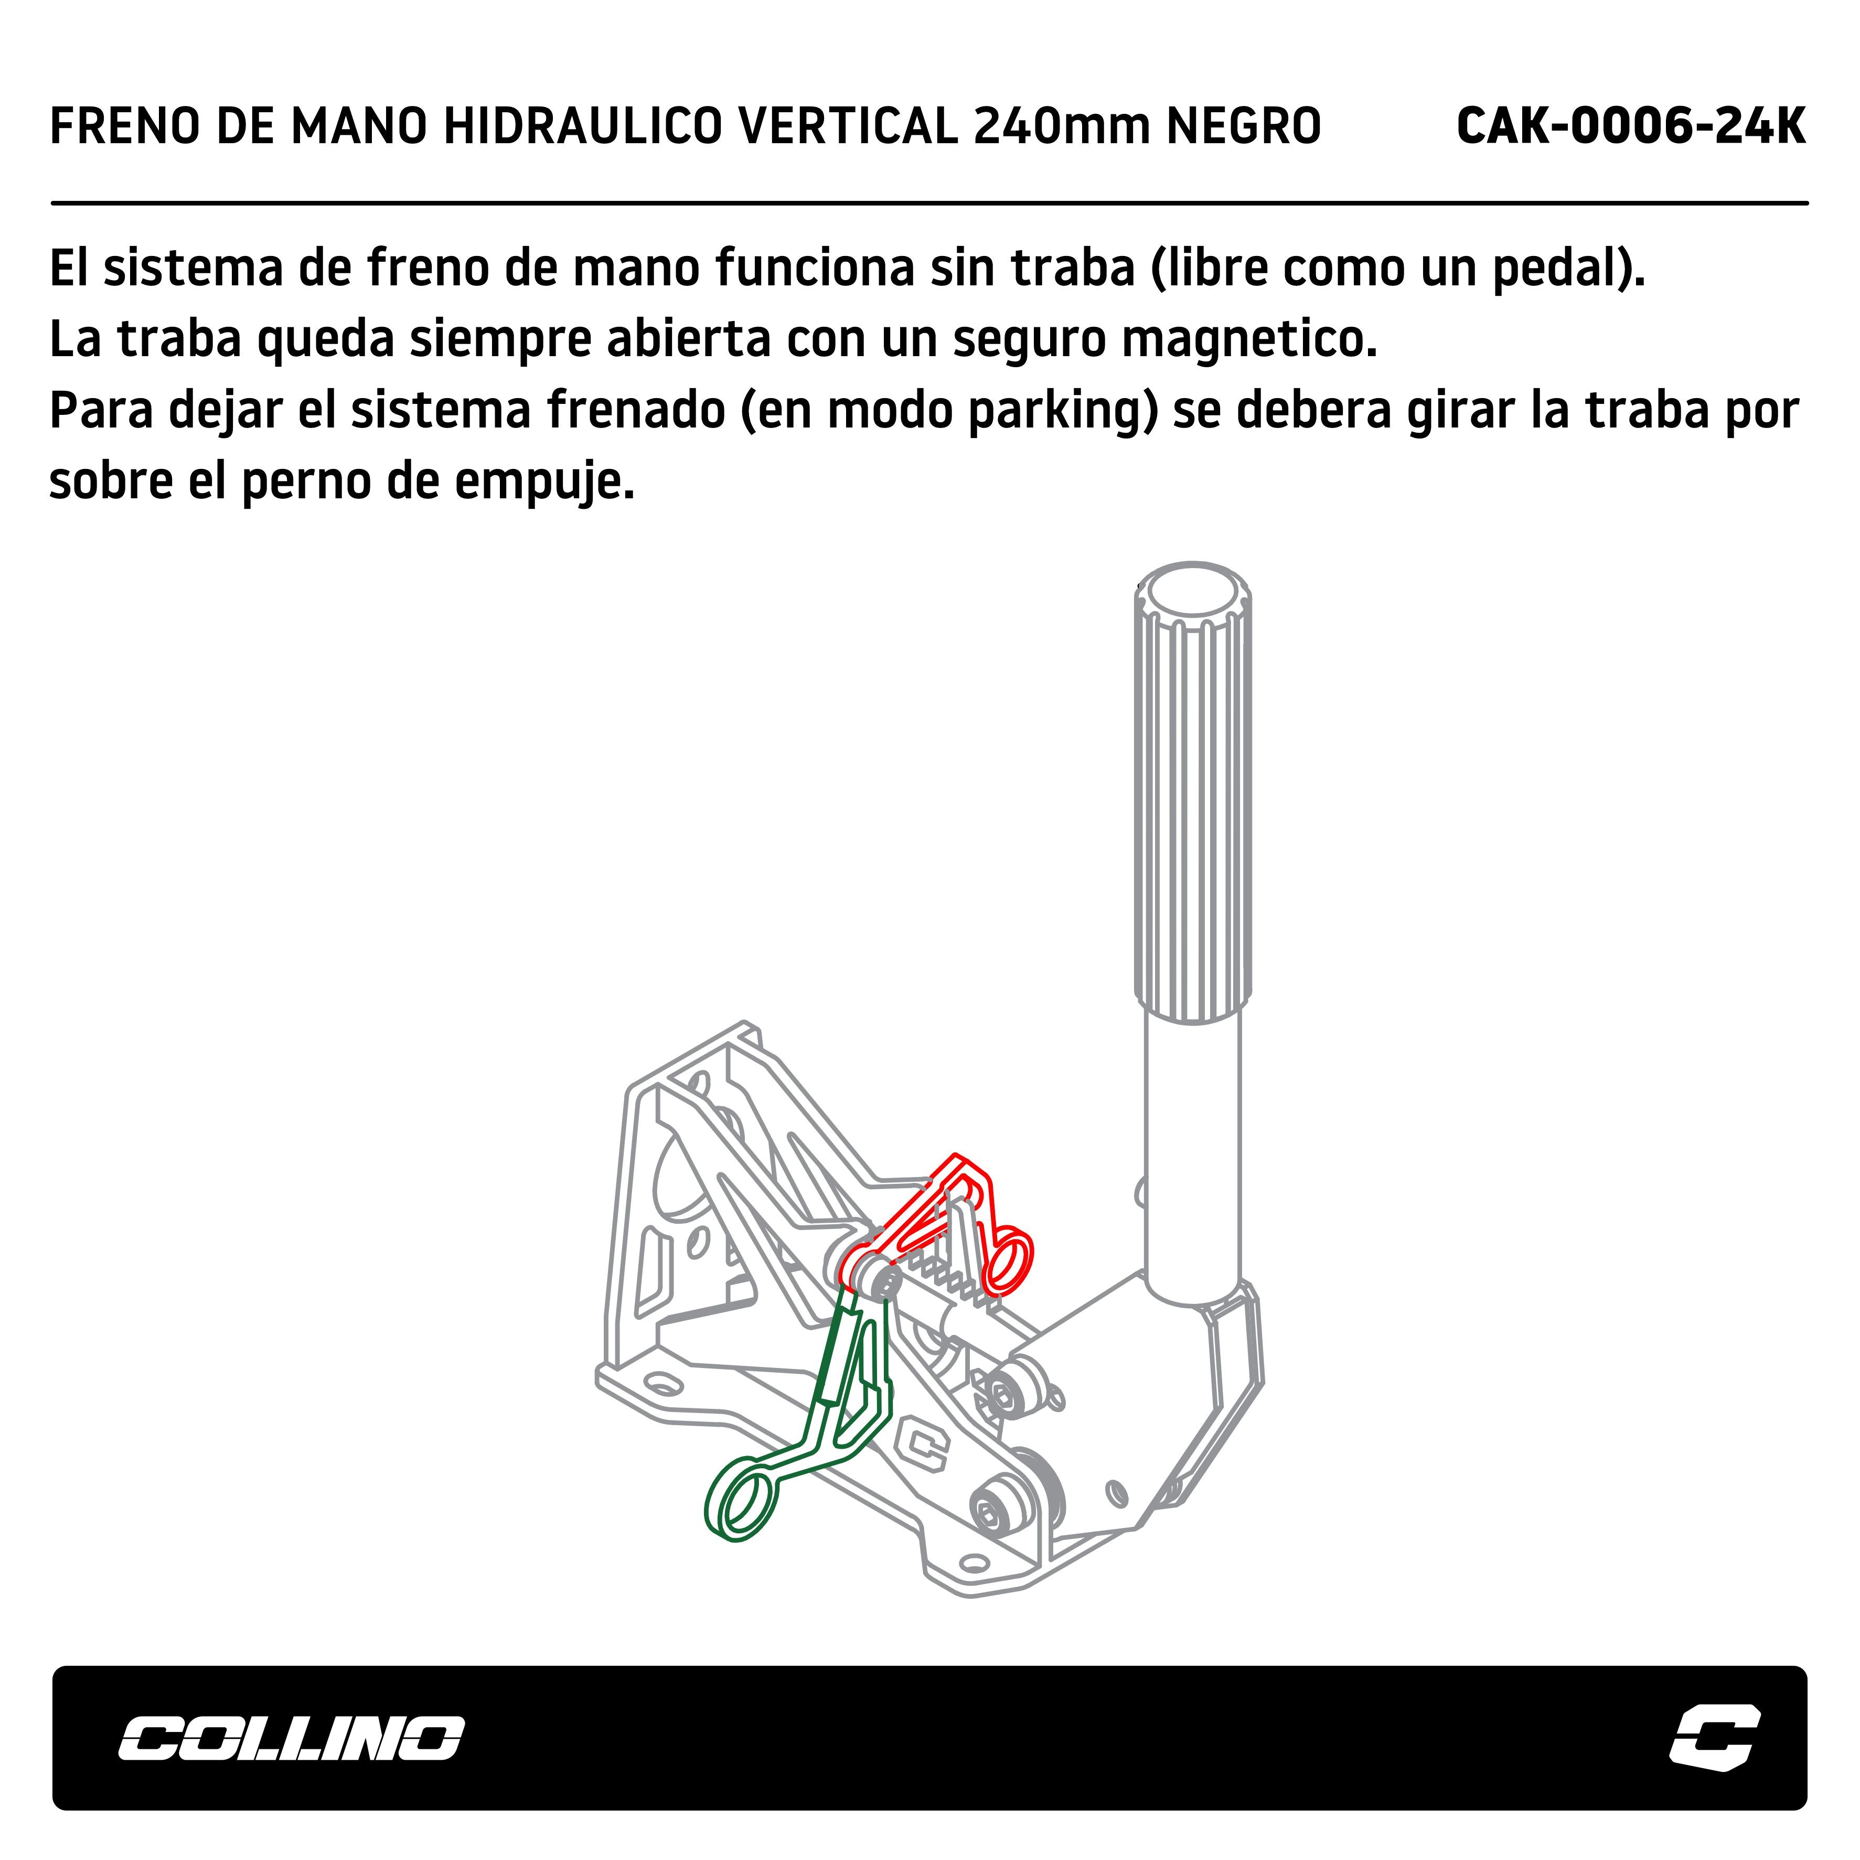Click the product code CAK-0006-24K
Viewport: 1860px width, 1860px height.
1631,126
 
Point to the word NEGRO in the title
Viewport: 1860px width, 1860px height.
1244,126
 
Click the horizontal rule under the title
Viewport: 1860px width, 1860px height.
929,203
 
